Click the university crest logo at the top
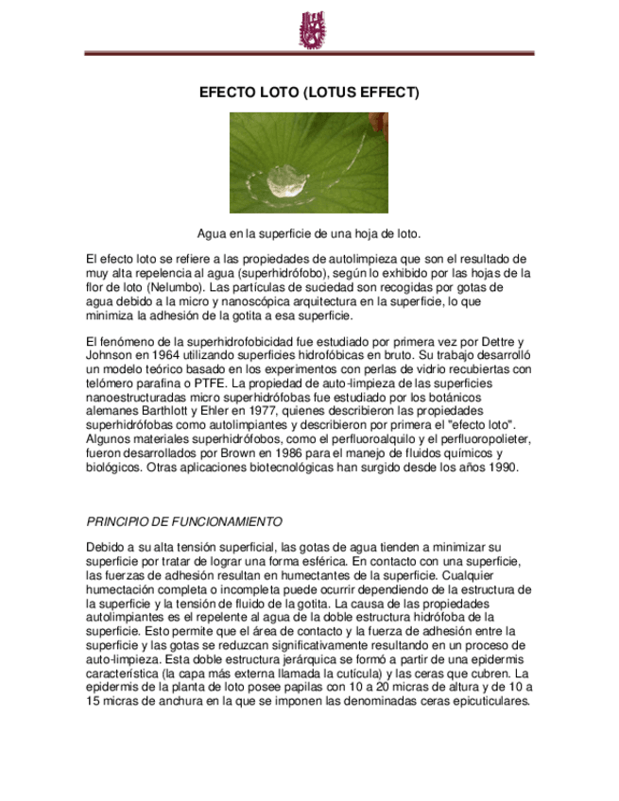tap(310, 30)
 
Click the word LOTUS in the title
tap(327, 93)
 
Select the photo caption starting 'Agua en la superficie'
tap(309, 233)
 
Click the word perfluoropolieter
tap(484, 439)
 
